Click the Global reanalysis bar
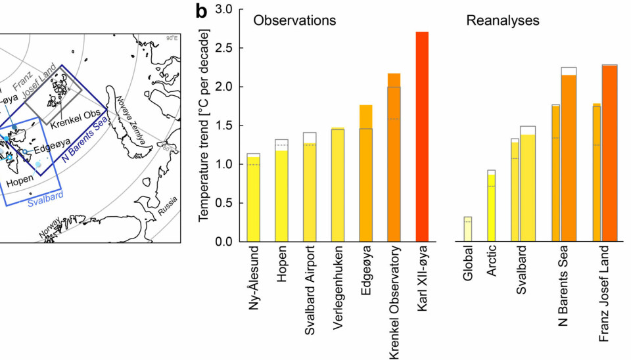(x=467, y=230)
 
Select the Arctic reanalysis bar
(x=491, y=207)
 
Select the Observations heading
(x=295, y=20)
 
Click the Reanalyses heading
(x=503, y=20)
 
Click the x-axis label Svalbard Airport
(x=309, y=292)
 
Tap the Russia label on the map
(x=167, y=210)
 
